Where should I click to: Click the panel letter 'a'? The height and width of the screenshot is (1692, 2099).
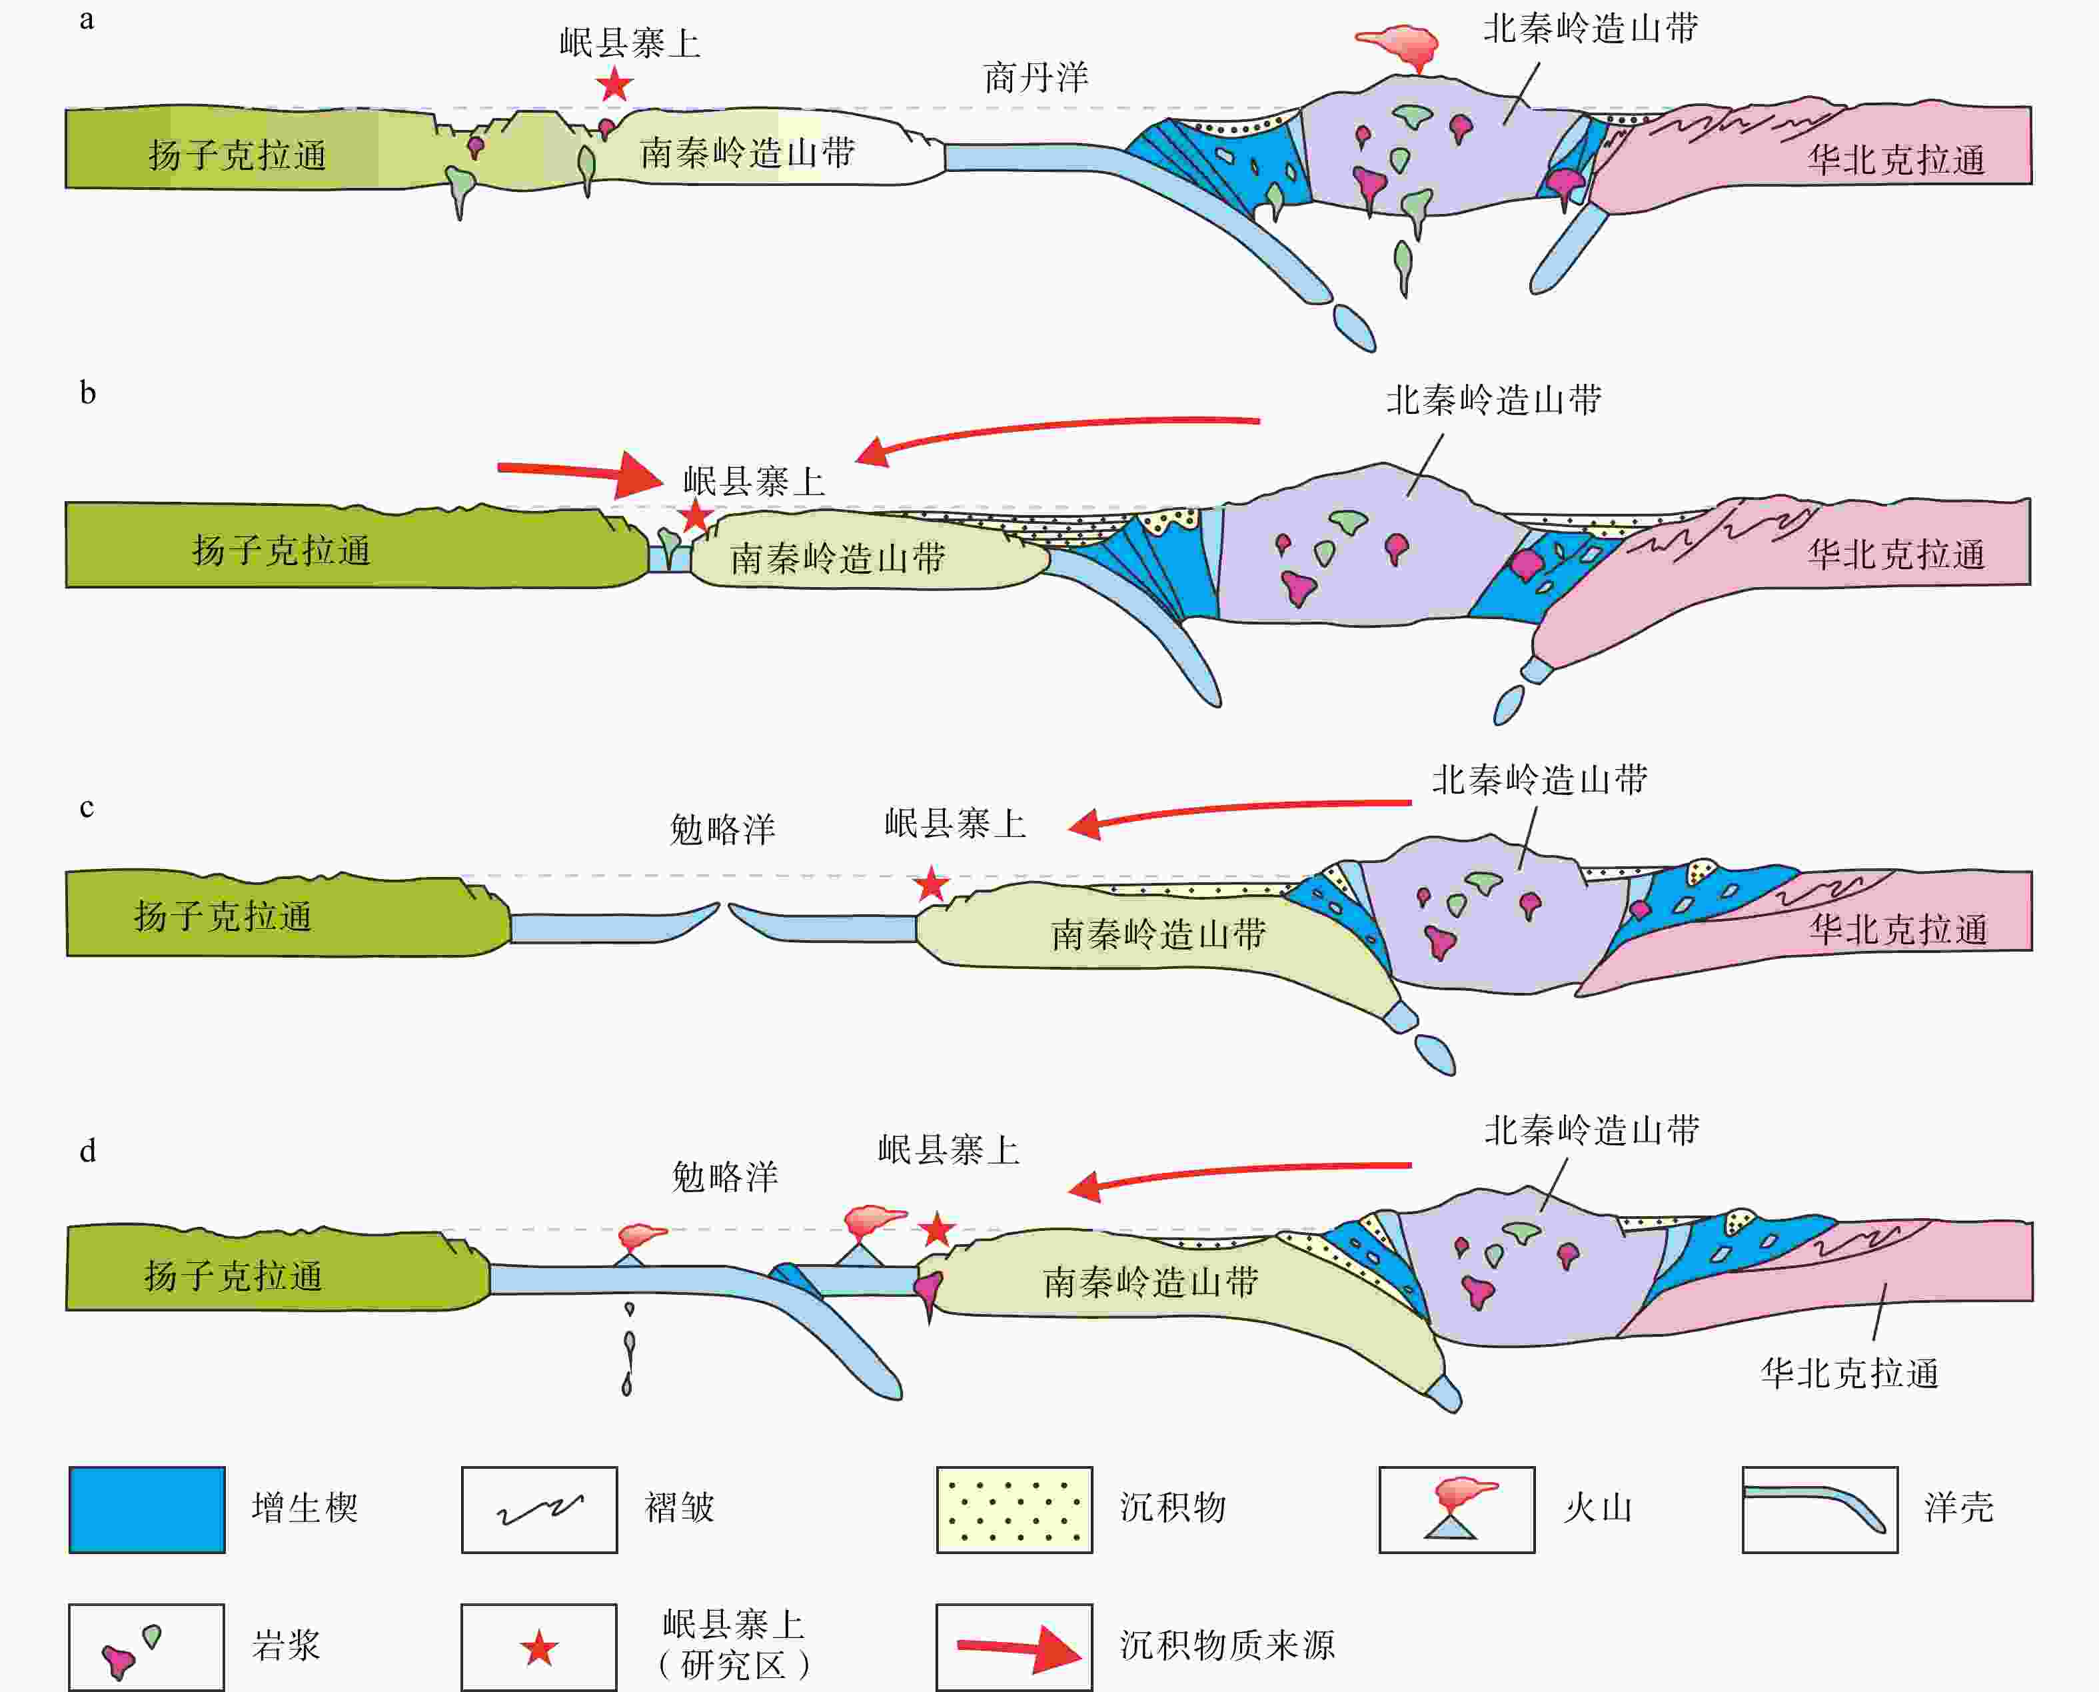coord(87,19)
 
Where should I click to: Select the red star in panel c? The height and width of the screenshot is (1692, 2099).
coord(932,884)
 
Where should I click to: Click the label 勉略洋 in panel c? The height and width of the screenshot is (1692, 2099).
coord(722,830)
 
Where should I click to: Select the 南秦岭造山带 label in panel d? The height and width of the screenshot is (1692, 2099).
coord(1150,1283)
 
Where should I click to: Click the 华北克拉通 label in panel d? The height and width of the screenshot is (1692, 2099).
coord(1848,1373)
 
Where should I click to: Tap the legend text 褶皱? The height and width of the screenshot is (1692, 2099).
coord(679,1508)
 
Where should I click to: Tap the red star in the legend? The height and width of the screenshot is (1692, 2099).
coord(539,1649)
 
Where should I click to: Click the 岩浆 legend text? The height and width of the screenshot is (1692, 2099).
coord(285,1646)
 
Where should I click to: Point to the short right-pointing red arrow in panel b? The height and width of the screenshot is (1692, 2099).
coord(579,472)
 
